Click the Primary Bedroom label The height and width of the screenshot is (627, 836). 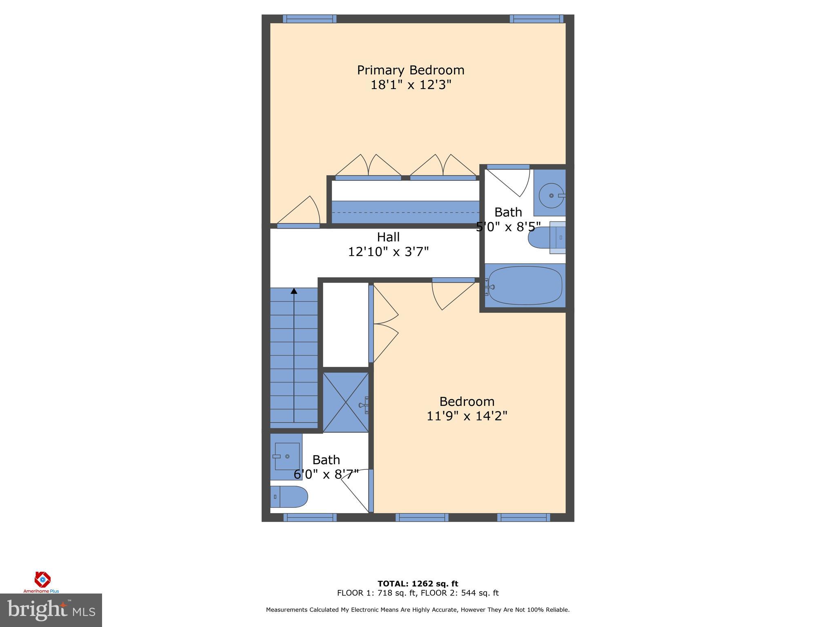pyautogui.click(x=410, y=70)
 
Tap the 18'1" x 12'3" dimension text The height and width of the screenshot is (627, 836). pyautogui.click(x=410, y=85)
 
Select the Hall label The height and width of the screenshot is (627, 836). pyautogui.click(x=388, y=237)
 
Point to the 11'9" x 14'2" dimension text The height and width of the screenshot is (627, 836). pyautogui.click(x=467, y=416)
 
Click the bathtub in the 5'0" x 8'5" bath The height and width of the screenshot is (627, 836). pyautogui.click(x=525, y=286)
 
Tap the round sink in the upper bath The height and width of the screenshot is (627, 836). pyautogui.click(x=551, y=196)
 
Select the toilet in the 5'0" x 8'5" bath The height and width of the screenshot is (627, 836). pyautogui.click(x=545, y=238)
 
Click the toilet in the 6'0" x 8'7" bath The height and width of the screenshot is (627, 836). pyautogui.click(x=289, y=496)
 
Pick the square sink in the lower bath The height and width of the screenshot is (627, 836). pyautogui.click(x=287, y=456)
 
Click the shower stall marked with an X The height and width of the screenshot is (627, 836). pyautogui.click(x=345, y=402)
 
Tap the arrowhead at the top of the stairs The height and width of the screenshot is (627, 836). pyautogui.click(x=293, y=291)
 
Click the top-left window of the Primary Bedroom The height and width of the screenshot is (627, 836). pyautogui.click(x=309, y=19)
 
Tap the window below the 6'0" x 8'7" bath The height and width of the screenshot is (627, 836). pyautogui.click(x=310, y=518)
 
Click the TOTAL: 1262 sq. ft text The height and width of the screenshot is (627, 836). pyautogui.click(x=418, y=584)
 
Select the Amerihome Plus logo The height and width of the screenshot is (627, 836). pyautogui.click(x=42, y=582)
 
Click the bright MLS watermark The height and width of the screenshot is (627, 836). pyautogui.click(x=51, y=610)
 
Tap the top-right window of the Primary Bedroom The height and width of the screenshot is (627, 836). pyautogui.click(x=536, y=19)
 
